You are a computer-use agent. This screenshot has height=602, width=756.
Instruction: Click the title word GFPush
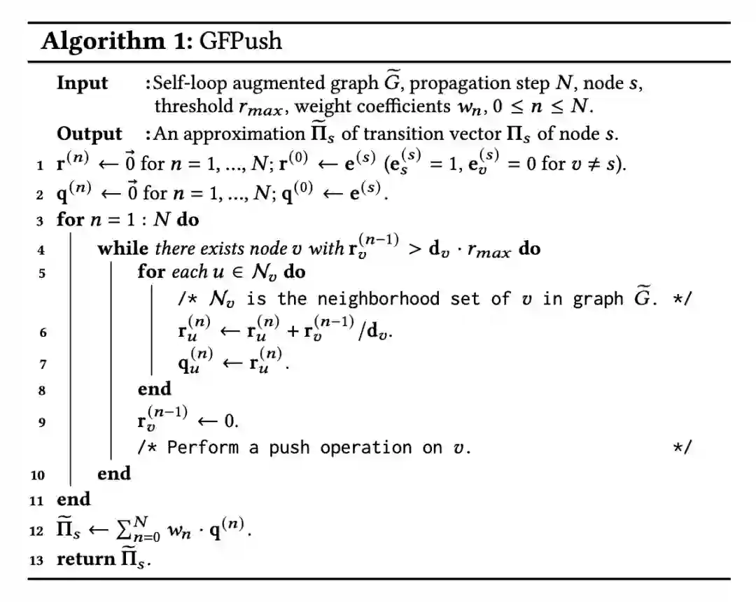coord(241,41)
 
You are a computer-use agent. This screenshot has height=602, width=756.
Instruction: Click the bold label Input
coord(83,83)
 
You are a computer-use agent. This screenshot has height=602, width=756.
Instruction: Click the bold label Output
coord(89,134)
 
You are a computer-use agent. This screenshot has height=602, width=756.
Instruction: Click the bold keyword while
coord(122,248)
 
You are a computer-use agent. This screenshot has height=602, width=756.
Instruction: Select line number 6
coord(43,333)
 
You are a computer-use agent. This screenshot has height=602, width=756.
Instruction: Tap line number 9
coord(43,423)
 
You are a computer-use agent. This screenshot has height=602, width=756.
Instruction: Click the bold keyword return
coord(87,559)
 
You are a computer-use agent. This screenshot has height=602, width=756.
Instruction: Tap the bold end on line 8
coord(154,388)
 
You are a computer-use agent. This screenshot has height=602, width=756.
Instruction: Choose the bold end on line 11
coord(73,499)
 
